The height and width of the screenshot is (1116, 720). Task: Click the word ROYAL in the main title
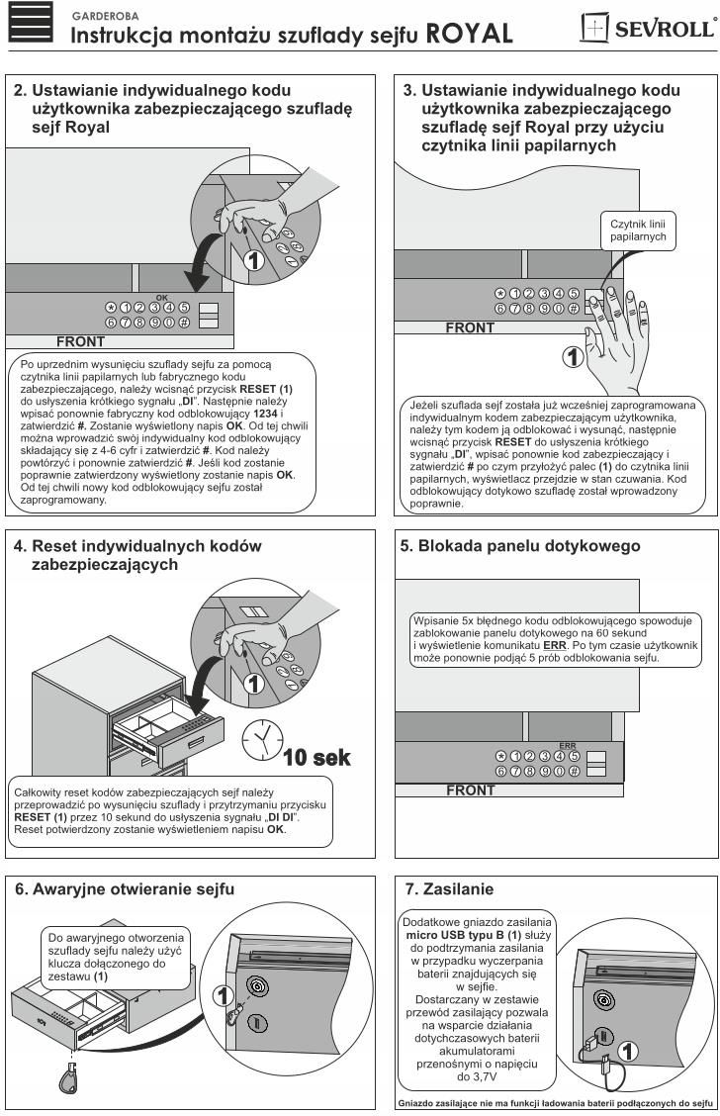(x=469, y=36)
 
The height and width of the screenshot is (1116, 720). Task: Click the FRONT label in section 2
(x=82, y=342)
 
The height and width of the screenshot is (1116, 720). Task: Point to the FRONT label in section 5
(x=472, y=790)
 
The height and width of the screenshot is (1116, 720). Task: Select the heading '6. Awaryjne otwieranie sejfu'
(x=125, y=890)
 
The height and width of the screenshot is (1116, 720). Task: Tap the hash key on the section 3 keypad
(x=573, y=309)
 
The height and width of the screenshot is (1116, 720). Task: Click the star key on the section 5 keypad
(x=500, y=757)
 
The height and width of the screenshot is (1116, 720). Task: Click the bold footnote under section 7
(x=553, y=1102)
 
